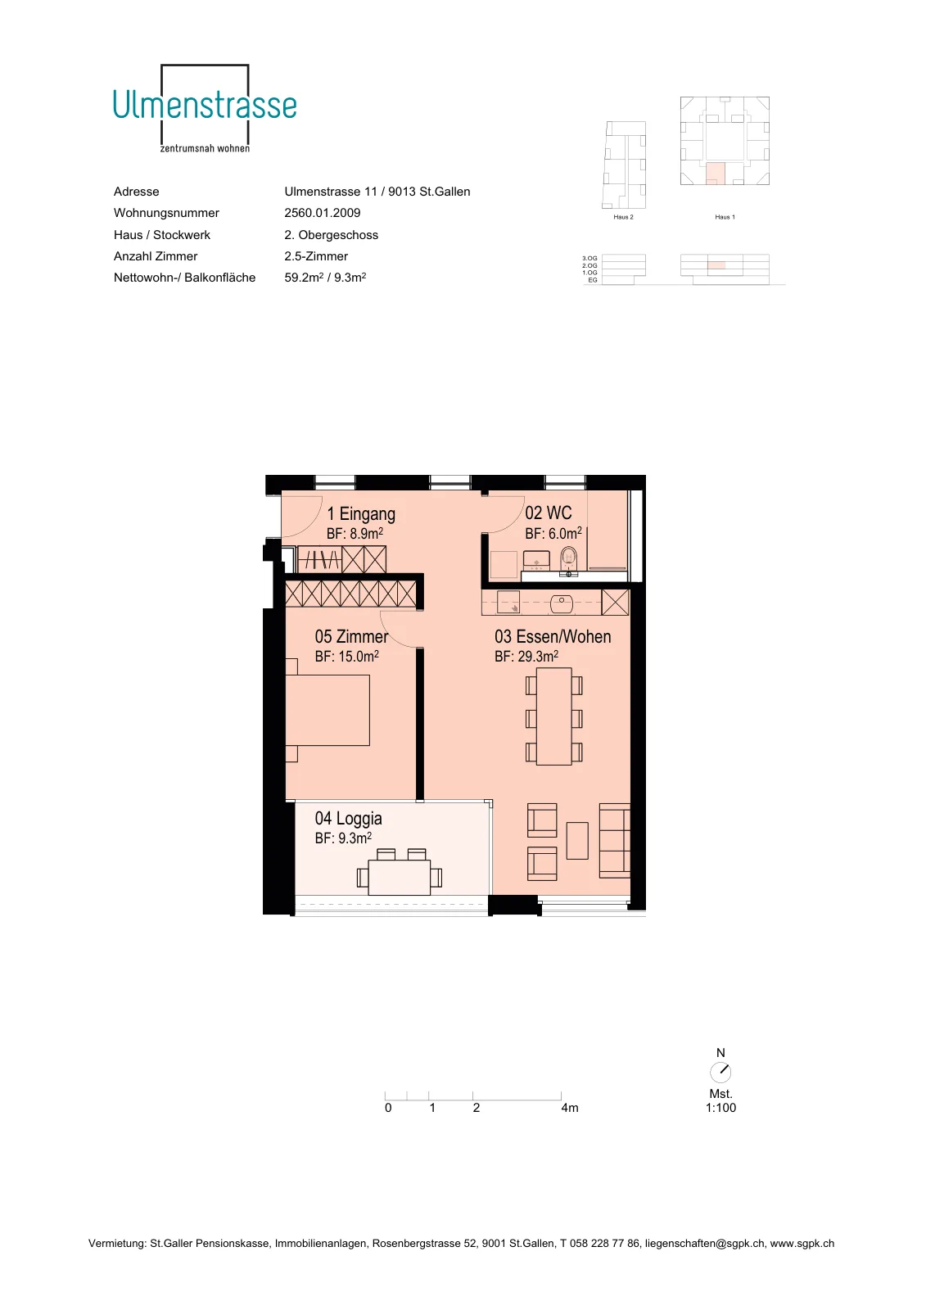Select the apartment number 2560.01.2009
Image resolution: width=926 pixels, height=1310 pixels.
point(323,213)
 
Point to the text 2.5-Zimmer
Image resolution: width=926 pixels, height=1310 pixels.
point(316,256)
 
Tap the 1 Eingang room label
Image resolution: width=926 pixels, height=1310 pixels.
point(361,514)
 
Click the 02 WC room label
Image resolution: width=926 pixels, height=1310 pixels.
point(548,513)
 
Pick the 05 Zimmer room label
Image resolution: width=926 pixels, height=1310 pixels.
point(351,636)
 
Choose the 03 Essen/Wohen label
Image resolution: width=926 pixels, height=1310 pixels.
point(553,636)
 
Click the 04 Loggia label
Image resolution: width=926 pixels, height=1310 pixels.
point(349,818)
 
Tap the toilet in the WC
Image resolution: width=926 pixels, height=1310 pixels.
point(568,559)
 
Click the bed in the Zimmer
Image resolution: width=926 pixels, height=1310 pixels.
point(327,710)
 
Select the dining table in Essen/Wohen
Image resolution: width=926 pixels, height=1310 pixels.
point(554,716)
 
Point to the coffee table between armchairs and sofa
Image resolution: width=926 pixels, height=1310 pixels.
point(577,840)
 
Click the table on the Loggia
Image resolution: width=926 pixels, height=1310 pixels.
point(400,877)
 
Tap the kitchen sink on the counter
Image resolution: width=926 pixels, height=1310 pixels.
point(562,603)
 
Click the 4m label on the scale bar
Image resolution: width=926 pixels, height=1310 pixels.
point(570,1108)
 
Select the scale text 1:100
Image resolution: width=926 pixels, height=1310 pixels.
point(720,1108)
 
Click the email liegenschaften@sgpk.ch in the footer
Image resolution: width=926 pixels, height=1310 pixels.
point(705,1244)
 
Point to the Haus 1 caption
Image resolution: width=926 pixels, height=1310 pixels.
point(725,217)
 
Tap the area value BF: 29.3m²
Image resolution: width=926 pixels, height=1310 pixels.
point(526,656)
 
